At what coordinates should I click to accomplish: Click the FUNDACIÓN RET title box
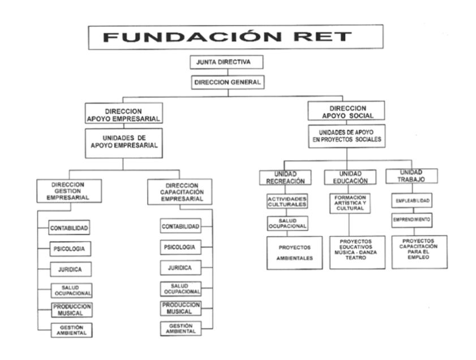coord(228,37)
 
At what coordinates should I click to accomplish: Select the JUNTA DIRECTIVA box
coord(227,62)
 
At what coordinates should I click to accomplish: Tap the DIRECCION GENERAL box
coord(228,83)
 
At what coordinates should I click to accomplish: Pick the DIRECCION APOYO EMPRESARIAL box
coord(123,113)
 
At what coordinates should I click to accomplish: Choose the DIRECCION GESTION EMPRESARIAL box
coord(68,191)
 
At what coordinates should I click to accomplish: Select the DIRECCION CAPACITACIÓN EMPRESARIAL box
coord(179,192)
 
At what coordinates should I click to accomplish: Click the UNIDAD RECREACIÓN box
coord(286,177)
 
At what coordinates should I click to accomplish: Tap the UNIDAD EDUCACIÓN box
coord(350,177)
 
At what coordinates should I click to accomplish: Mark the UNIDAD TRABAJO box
coord(412,175)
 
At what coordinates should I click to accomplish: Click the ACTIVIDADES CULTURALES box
coord(288,202)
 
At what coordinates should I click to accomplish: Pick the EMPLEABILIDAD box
coord(412,200)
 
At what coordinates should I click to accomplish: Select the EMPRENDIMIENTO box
coord(412,218)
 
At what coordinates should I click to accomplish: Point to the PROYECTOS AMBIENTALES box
coord(294,252)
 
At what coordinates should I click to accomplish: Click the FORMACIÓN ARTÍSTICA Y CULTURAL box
coord(350,203)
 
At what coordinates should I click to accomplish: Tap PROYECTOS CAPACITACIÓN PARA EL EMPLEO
coord(419,249)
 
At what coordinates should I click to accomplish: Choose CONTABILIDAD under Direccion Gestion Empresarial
coord(69,228)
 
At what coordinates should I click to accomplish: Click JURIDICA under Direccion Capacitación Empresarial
coord(180,267)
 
